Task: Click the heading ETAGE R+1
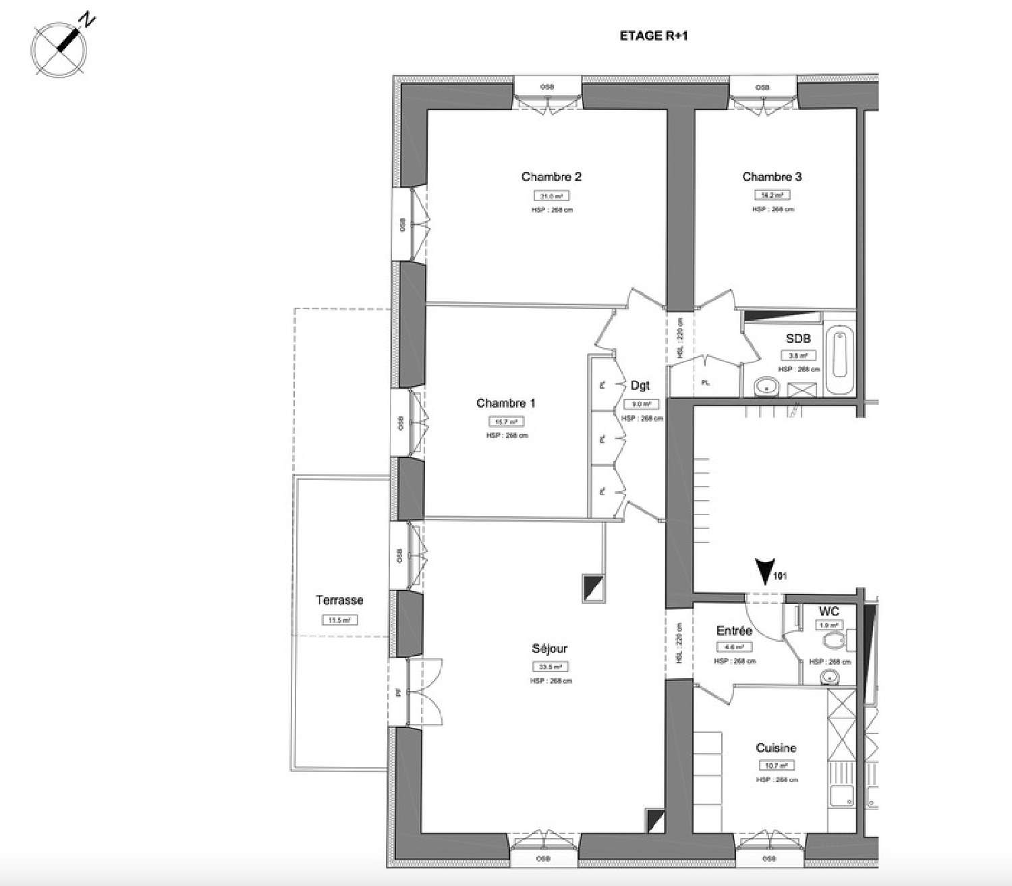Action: tap(653, 36)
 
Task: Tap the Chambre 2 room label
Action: tap(551, 177)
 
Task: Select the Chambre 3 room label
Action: tap(772, 177)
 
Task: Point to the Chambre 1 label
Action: tap(505, 404)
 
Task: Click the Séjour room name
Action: tap(549, 649)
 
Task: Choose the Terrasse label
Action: tap(339, 601)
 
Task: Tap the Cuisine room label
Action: tap(776, 748)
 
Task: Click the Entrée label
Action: tap(734, 631)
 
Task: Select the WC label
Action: tap(828, 611)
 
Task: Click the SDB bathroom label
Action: tap(798, 339)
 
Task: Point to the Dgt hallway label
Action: tap(640, 386)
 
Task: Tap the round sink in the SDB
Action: tap(766, 387)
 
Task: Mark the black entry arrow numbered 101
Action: tap(764, 572)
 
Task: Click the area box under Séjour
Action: tap(550, 667)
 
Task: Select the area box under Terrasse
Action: tap(339, 620)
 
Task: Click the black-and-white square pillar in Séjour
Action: tap(594, 588)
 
